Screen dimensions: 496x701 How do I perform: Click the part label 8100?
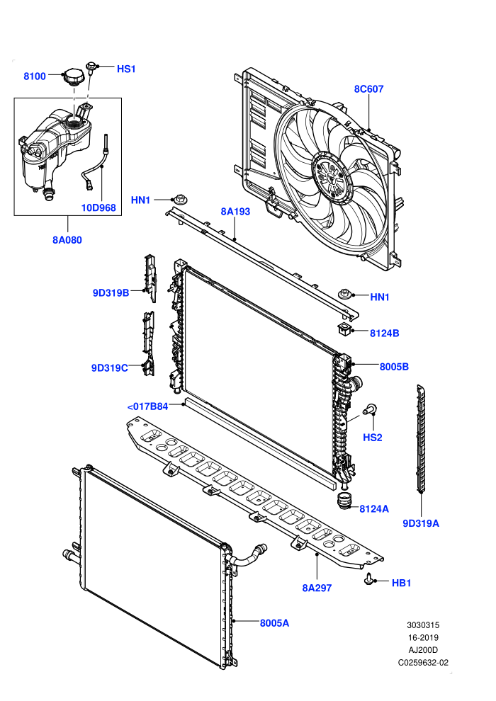[35, 76]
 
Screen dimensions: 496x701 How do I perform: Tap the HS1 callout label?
[126, 69]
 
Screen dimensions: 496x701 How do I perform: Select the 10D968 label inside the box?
[98, 207]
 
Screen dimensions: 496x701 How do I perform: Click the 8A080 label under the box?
[67, 239]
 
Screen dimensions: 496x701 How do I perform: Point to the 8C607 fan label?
[369, 89]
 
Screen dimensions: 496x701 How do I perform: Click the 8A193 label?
[235, 212]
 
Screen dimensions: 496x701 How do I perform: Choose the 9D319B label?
[111, 293]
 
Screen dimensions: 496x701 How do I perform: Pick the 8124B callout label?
[385, 333]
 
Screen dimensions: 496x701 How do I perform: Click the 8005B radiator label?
[394, 367]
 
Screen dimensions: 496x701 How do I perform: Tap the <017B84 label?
[147, 406]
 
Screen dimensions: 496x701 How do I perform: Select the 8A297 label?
[317, 588]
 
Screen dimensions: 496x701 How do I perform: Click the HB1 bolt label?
[401, 583]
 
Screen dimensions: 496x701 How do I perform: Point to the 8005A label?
[275, 623]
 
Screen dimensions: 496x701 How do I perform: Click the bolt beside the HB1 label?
[369, 579]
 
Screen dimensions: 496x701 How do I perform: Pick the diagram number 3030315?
[423, 625]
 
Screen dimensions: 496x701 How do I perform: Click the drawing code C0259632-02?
[423, 663]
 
